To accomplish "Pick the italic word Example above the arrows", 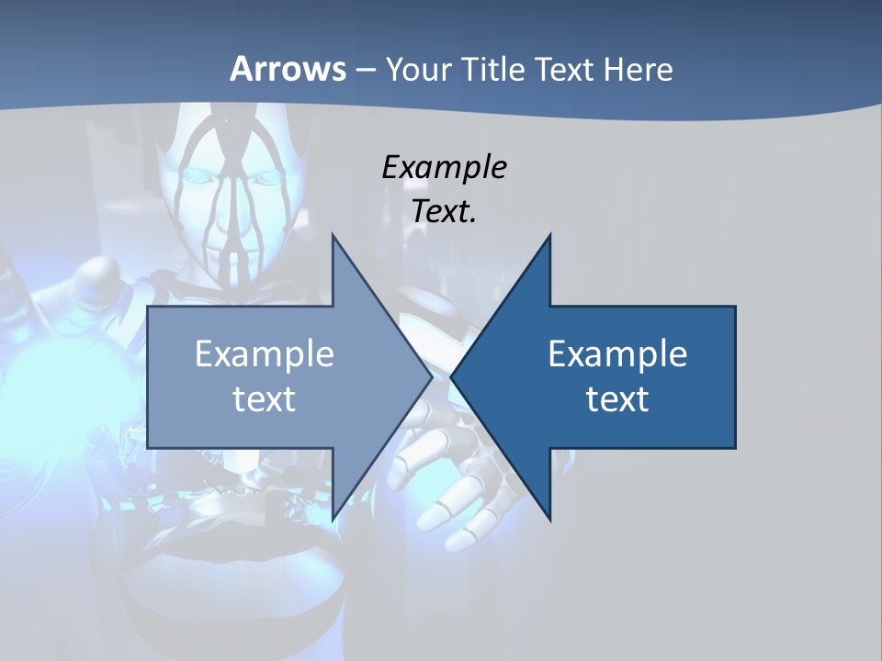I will tap(444, 168).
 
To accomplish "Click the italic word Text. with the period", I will tap(444, 212).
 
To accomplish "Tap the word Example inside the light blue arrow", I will tap(265, 354).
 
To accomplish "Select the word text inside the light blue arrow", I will tap(265, 399).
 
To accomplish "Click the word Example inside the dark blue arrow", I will tap(617, 354).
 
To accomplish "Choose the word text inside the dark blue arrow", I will tap(617, 399).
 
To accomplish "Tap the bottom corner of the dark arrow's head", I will tap(549, 519).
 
